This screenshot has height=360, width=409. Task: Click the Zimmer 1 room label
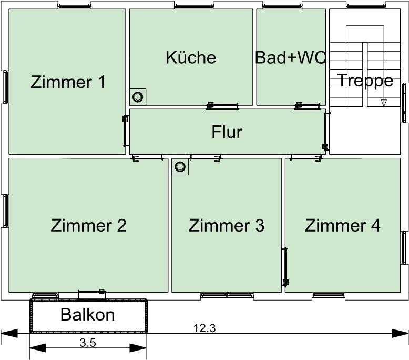click(x=68, y=82)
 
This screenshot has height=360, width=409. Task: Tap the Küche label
click(x=191, y=57)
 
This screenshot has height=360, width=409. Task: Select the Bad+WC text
click(x=291, y=57)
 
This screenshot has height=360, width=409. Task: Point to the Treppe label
click(x=365, y=81)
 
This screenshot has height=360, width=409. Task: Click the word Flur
click(x=227, y=132)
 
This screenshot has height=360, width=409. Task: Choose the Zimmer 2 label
click(x=89, y=225)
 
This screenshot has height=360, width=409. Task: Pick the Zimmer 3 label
click(x=227, y=225)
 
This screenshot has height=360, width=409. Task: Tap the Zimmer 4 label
click(x=342, y=225)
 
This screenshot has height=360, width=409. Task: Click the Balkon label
click(x=88, y=315)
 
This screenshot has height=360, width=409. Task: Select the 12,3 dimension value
click(x=204, y=328)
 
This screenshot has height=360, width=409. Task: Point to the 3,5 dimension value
click(x=88, y=343)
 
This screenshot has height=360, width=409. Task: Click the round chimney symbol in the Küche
click(x=138, y=97)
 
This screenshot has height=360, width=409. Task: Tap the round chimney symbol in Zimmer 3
click(x=180, y=166)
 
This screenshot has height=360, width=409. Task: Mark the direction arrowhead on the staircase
click(x=383, y=103)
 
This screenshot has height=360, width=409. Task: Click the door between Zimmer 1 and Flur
click(x=126, y=131)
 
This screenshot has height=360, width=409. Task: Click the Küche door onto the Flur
click(x=222, y=106)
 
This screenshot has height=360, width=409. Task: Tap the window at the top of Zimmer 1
click(x=74, y=6)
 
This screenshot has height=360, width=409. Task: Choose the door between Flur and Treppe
click(x=326, y=131)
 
